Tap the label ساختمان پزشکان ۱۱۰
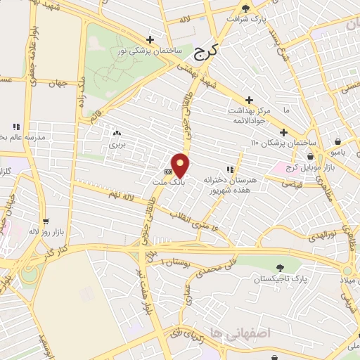click(x=277, y=143)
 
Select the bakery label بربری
click(x=116, y=145)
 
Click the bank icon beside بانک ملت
click(x=168, y=171)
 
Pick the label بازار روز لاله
click(x=44, y=231)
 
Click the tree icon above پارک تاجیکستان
click(x=281, y=267)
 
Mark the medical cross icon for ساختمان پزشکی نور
click(x=148, y=39)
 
